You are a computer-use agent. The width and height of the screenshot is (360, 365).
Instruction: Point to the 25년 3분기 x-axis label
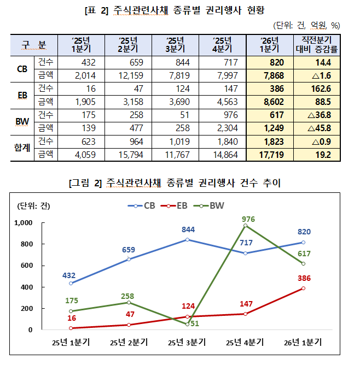185,343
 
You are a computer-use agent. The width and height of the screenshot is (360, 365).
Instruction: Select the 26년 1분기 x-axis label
303,343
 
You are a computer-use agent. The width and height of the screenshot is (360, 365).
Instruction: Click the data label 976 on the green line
248,219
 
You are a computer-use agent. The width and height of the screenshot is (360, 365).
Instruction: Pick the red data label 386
304,278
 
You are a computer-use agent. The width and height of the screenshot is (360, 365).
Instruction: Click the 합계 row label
22,149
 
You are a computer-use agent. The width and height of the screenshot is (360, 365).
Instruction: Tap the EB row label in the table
22,95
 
